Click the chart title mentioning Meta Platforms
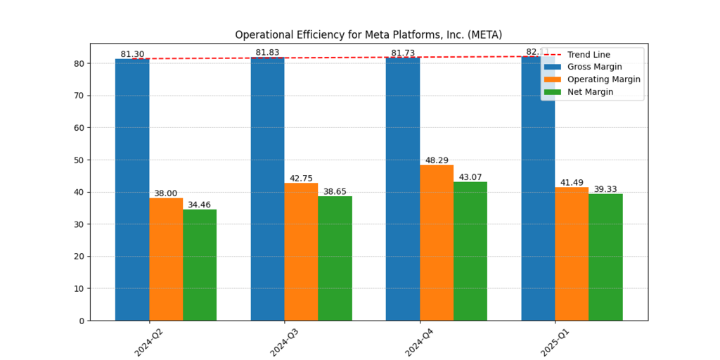(368, 34)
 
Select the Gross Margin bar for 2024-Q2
(132, 190)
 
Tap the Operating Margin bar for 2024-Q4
(437, 243)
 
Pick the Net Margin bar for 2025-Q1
(605, 257)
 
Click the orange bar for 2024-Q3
(301, 252)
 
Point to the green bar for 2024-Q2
(200, 265)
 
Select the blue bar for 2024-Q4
(403, 189)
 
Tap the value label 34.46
(200, 205)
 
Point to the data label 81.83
(267, 53)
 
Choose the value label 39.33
(605, 189)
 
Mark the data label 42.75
(301, 179)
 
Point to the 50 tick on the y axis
(79, 160)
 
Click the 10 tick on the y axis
(79, 289)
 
